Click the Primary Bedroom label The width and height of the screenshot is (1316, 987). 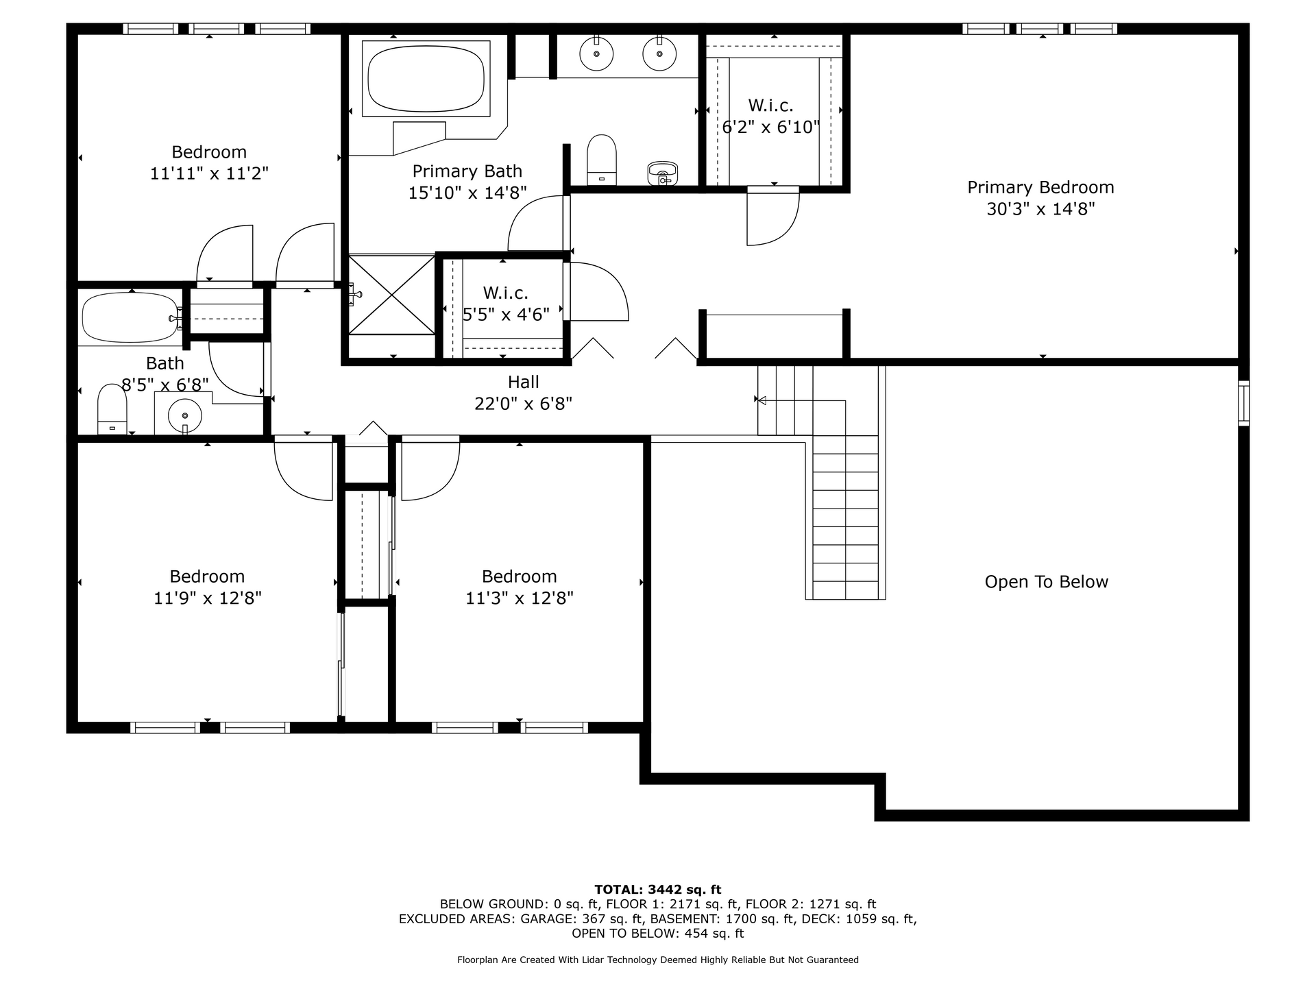(1040, 187)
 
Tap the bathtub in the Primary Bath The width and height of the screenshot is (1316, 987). (426, 78)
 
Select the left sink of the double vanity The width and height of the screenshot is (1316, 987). (596, 53)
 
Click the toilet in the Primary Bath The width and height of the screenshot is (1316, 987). (602, 160)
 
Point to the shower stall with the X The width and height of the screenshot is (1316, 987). (391, 295)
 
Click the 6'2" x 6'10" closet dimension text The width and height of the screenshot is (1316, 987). (771, 127)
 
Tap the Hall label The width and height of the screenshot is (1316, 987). (524, 382)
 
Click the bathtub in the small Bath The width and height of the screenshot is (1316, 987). (130, 317)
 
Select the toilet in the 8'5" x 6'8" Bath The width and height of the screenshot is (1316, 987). (112, 409)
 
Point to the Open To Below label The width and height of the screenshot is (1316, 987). (1046, 582)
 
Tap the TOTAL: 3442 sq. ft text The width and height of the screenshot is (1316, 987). (657, 890)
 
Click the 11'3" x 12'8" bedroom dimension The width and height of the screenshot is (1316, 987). (520, 598)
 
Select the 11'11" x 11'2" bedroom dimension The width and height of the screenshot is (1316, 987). (209, 173)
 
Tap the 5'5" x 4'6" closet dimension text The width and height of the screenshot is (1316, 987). (506, 315)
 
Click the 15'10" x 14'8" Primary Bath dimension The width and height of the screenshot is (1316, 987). (467, 193)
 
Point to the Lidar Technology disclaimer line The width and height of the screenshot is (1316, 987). (657, 960)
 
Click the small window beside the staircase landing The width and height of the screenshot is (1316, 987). (1243, 403)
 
